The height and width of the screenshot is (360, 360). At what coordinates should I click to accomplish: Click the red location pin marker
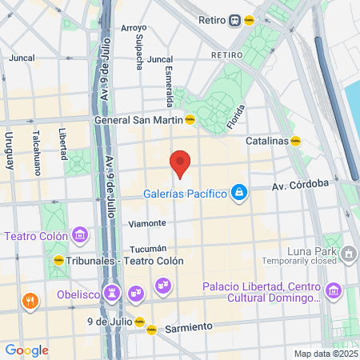coord(180,163)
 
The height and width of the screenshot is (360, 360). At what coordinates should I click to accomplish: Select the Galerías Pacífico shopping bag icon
coord(238,193)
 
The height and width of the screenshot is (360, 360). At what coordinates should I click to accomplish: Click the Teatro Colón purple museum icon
coord(79,235)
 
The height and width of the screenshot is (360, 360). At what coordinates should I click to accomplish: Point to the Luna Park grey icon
coord(349,254)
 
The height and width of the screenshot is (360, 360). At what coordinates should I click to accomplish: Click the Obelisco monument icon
coord(113,294)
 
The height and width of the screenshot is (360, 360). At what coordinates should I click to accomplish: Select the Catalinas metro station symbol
coord(295,141)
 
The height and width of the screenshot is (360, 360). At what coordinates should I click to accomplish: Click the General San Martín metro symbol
coord(190,121)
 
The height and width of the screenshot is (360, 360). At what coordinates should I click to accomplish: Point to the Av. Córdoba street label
coord(301,184)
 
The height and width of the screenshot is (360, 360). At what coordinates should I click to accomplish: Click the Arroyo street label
coord(133,28)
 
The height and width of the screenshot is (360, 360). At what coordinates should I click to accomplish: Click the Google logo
coord(26,350)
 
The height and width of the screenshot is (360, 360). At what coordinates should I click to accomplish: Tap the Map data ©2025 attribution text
coord(324,354)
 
